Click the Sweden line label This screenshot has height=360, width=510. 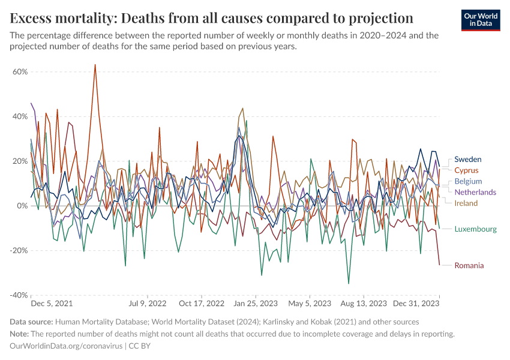(x=467, y=159)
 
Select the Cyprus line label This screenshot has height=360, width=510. (x=466, y=170)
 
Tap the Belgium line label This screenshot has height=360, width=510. (x=468, y=181)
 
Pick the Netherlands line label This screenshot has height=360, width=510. (x=475, y=192)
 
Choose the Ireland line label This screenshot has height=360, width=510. (x=466, y=203)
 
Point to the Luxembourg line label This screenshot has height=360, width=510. (x=475, y=229)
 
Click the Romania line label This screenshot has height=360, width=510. (x=469, y=265)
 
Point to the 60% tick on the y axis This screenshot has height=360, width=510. (x=20, y=71)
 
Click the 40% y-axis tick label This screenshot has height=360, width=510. (x=20, y=116)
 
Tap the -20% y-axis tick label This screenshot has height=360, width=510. (x=19, y=251)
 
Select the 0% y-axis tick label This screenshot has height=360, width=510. (x=23, y=206)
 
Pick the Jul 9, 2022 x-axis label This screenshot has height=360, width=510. (x=148, y=304)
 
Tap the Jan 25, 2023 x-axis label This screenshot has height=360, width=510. (x=256, y=304)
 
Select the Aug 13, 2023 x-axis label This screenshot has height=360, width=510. (x=364, y=304)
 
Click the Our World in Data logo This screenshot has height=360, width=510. (x=481, y=20)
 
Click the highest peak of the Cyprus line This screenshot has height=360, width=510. (x=95, y=65)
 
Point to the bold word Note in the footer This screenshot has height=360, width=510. (x=19, y=334)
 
